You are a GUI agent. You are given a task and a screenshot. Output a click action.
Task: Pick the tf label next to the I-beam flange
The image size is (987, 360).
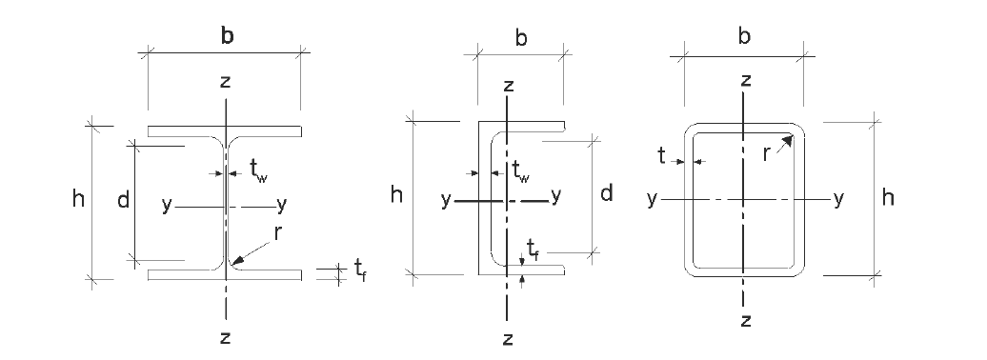pyautogui.click(x=361, y=271)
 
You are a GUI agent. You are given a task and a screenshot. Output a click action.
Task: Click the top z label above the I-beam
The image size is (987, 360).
pyautogui.click(x=225, y=81)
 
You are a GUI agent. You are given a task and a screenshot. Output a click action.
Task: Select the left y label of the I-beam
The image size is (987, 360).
pyautogui.click(x=167, y=204)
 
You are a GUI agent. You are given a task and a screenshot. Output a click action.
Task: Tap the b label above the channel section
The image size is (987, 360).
pyautogui.click(x=521, y=38)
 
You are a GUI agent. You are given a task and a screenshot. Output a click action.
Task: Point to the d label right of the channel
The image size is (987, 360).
pyautogui.click(x=606, y=194)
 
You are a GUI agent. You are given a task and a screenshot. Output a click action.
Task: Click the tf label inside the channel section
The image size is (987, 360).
pyautogui.click(x=534, y=252)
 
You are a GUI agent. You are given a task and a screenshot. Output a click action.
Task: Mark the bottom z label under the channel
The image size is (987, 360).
pyautogui.click(x=508, y=338)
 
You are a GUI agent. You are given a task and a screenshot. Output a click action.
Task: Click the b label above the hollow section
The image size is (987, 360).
pyautogui.click(x=745, y=37)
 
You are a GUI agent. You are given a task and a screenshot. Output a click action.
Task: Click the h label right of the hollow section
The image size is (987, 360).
pyautogui.click(x=888, y=197)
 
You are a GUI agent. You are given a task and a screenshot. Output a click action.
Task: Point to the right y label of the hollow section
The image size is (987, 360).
pyautogui.click(x=838, y=198)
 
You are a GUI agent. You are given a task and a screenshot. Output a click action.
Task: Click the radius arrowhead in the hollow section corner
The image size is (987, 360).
pyautogui.click(x=790, y=139)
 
